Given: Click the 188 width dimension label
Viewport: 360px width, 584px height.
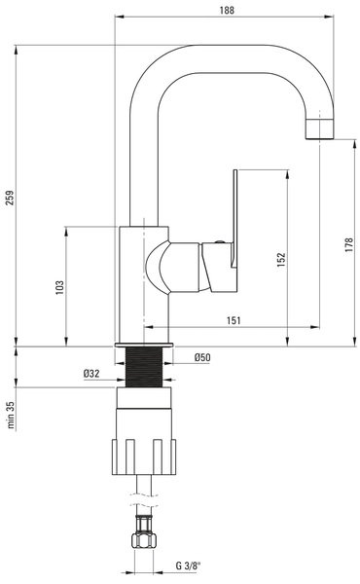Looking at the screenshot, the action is click(x=227, y=10).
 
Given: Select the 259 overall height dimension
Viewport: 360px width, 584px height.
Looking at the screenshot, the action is click(x=10, y=198).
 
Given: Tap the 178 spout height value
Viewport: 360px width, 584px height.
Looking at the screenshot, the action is click(x=349, y=244).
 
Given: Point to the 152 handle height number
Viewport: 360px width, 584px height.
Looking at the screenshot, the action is click(x=281, y=259).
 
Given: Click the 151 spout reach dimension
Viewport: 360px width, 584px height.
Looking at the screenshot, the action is click(x=234, y=320).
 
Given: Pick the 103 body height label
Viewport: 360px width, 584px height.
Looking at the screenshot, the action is click(x=59, y=287).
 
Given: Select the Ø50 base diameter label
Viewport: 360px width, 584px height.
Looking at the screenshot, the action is click(x=202, y=357).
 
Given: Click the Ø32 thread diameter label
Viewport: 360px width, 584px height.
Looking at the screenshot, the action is click(x=91, y=373).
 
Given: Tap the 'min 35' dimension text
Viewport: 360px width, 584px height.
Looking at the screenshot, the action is click(x=11, y=415).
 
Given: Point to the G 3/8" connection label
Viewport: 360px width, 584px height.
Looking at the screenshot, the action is click(x=188, y=566).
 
